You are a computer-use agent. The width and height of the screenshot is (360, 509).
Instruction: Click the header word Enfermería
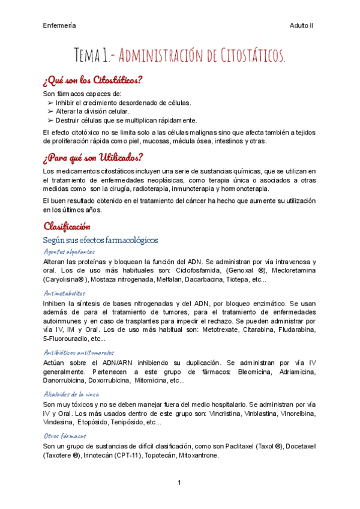59,26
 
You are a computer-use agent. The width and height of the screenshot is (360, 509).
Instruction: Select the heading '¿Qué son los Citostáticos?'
92,80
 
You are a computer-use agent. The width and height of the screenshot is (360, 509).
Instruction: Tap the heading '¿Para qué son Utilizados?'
93,158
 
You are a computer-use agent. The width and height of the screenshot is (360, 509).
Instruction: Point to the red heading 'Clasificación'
67,226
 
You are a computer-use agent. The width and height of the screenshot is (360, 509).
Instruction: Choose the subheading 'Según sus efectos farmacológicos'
101,240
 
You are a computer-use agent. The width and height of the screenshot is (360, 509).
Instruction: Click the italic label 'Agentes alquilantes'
70,251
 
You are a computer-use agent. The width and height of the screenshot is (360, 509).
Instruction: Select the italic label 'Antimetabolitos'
65,294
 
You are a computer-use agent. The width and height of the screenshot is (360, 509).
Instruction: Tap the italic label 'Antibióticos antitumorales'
79,352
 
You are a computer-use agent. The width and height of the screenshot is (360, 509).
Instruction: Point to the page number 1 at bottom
179,483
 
